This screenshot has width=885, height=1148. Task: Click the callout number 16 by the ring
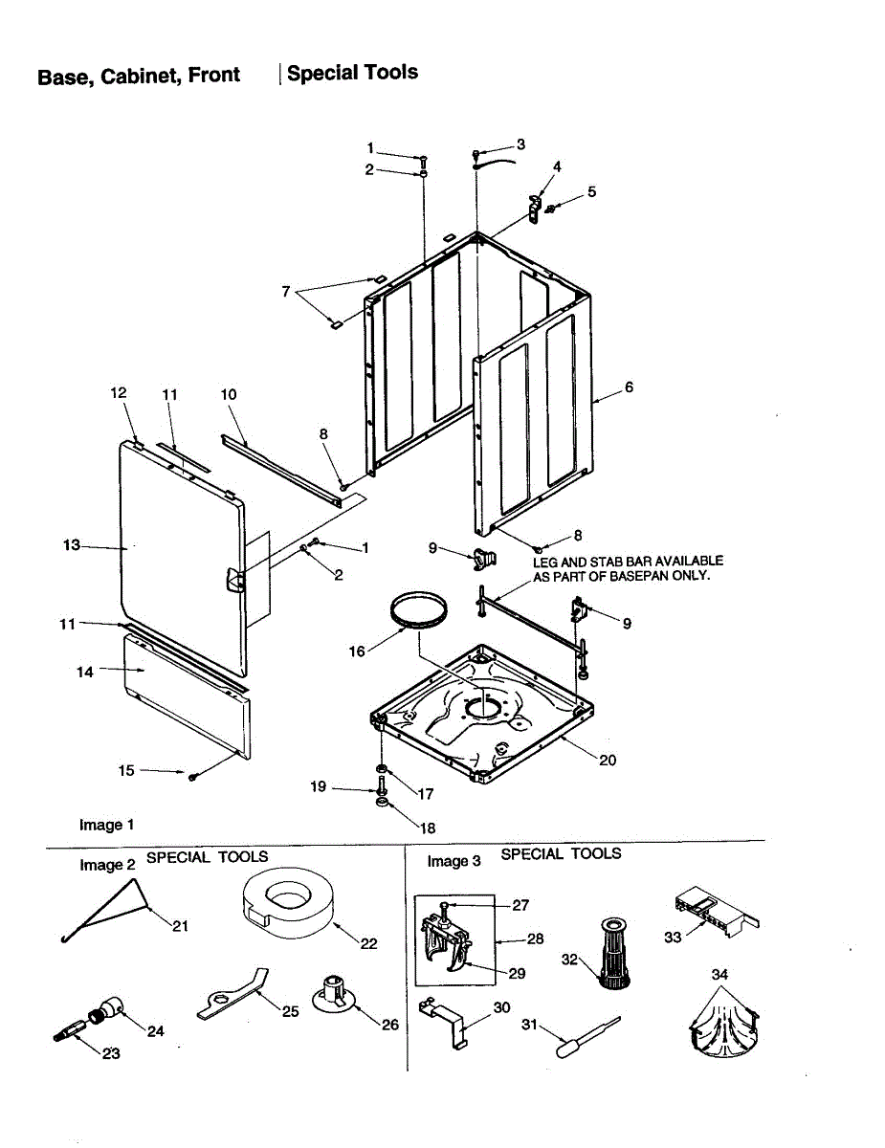357,651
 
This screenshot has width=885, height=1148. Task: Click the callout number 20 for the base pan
608,761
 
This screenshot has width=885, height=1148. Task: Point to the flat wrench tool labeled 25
232,995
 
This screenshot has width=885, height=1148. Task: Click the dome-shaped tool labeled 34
722,1028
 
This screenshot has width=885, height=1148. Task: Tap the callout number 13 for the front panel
72,545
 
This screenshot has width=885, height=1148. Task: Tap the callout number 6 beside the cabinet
629,387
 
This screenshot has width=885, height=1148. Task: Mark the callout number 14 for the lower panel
85,672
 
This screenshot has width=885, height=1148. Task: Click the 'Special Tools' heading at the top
352,73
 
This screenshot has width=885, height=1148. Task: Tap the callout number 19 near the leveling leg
319,786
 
